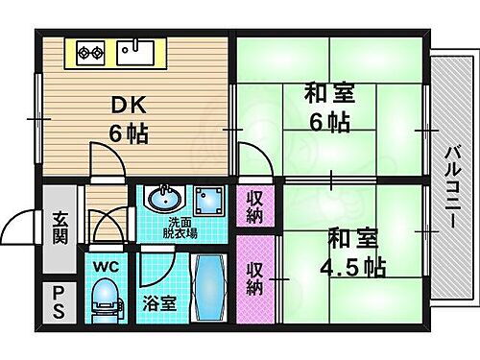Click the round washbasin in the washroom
point(163,201)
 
